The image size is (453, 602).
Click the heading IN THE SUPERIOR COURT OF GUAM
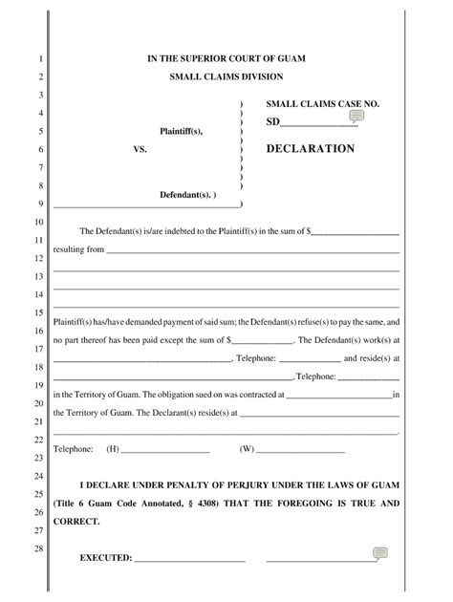pos(226,59)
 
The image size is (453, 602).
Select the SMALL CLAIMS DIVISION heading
pos(226,76)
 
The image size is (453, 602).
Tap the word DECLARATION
pos(310,149)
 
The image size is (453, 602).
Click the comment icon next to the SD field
pos(356,117)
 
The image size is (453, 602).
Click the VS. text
pos(140,150)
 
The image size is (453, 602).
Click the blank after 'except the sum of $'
pos(263,339)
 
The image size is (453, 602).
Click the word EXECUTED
pos(105,557)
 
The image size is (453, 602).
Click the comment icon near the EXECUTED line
pos(379,553)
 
